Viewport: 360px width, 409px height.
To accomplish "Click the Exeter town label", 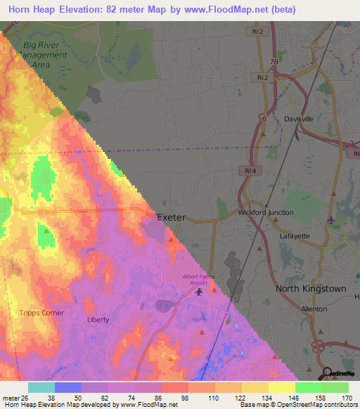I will coord(171,218).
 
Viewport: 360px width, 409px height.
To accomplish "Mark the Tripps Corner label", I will coord(41,313).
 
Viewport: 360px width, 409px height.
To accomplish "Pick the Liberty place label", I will coord(98,319).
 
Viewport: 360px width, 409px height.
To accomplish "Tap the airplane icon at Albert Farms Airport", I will coord(200,291).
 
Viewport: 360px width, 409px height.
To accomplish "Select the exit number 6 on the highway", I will coord(264,119).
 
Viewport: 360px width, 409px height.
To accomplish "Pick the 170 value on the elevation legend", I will coord(347,397).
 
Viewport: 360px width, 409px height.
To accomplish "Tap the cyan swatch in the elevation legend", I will coord(41,387).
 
